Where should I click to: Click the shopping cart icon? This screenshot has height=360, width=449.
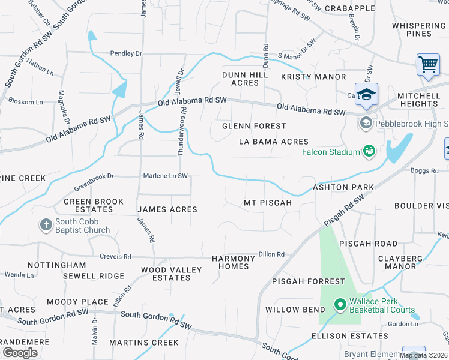[x=427, y=64]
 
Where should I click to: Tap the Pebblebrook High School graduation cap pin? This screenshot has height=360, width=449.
[x=366, y=94]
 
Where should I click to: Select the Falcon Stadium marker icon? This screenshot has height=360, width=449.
[x=369, y=151]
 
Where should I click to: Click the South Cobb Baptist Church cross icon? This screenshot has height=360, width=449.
[x=46, y=225]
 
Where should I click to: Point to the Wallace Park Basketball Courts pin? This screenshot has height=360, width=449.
[x=340, y=305]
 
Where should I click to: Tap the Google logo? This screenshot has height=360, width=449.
[x=20, y=353]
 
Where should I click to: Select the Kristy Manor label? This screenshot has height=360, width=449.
[x=313, y=77]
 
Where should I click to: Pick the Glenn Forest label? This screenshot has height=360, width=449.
[x=254, y=126]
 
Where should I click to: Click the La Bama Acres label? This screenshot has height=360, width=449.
[x=273, y=142]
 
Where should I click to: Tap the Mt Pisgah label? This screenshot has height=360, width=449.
[x=267, y=203]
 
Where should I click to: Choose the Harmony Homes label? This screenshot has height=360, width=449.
[x=234, y=262]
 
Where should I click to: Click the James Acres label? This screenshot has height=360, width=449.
[x=167, y=209]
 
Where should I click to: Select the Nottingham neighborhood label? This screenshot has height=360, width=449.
[x=57, y=265]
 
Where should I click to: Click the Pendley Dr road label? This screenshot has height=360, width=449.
[x=125, y=53]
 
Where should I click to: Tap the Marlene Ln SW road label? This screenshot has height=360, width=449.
[x=165, y=176]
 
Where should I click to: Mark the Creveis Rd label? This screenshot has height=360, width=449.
[x=115, y=256]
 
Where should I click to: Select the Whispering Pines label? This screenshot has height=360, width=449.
[x=418, y=29]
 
